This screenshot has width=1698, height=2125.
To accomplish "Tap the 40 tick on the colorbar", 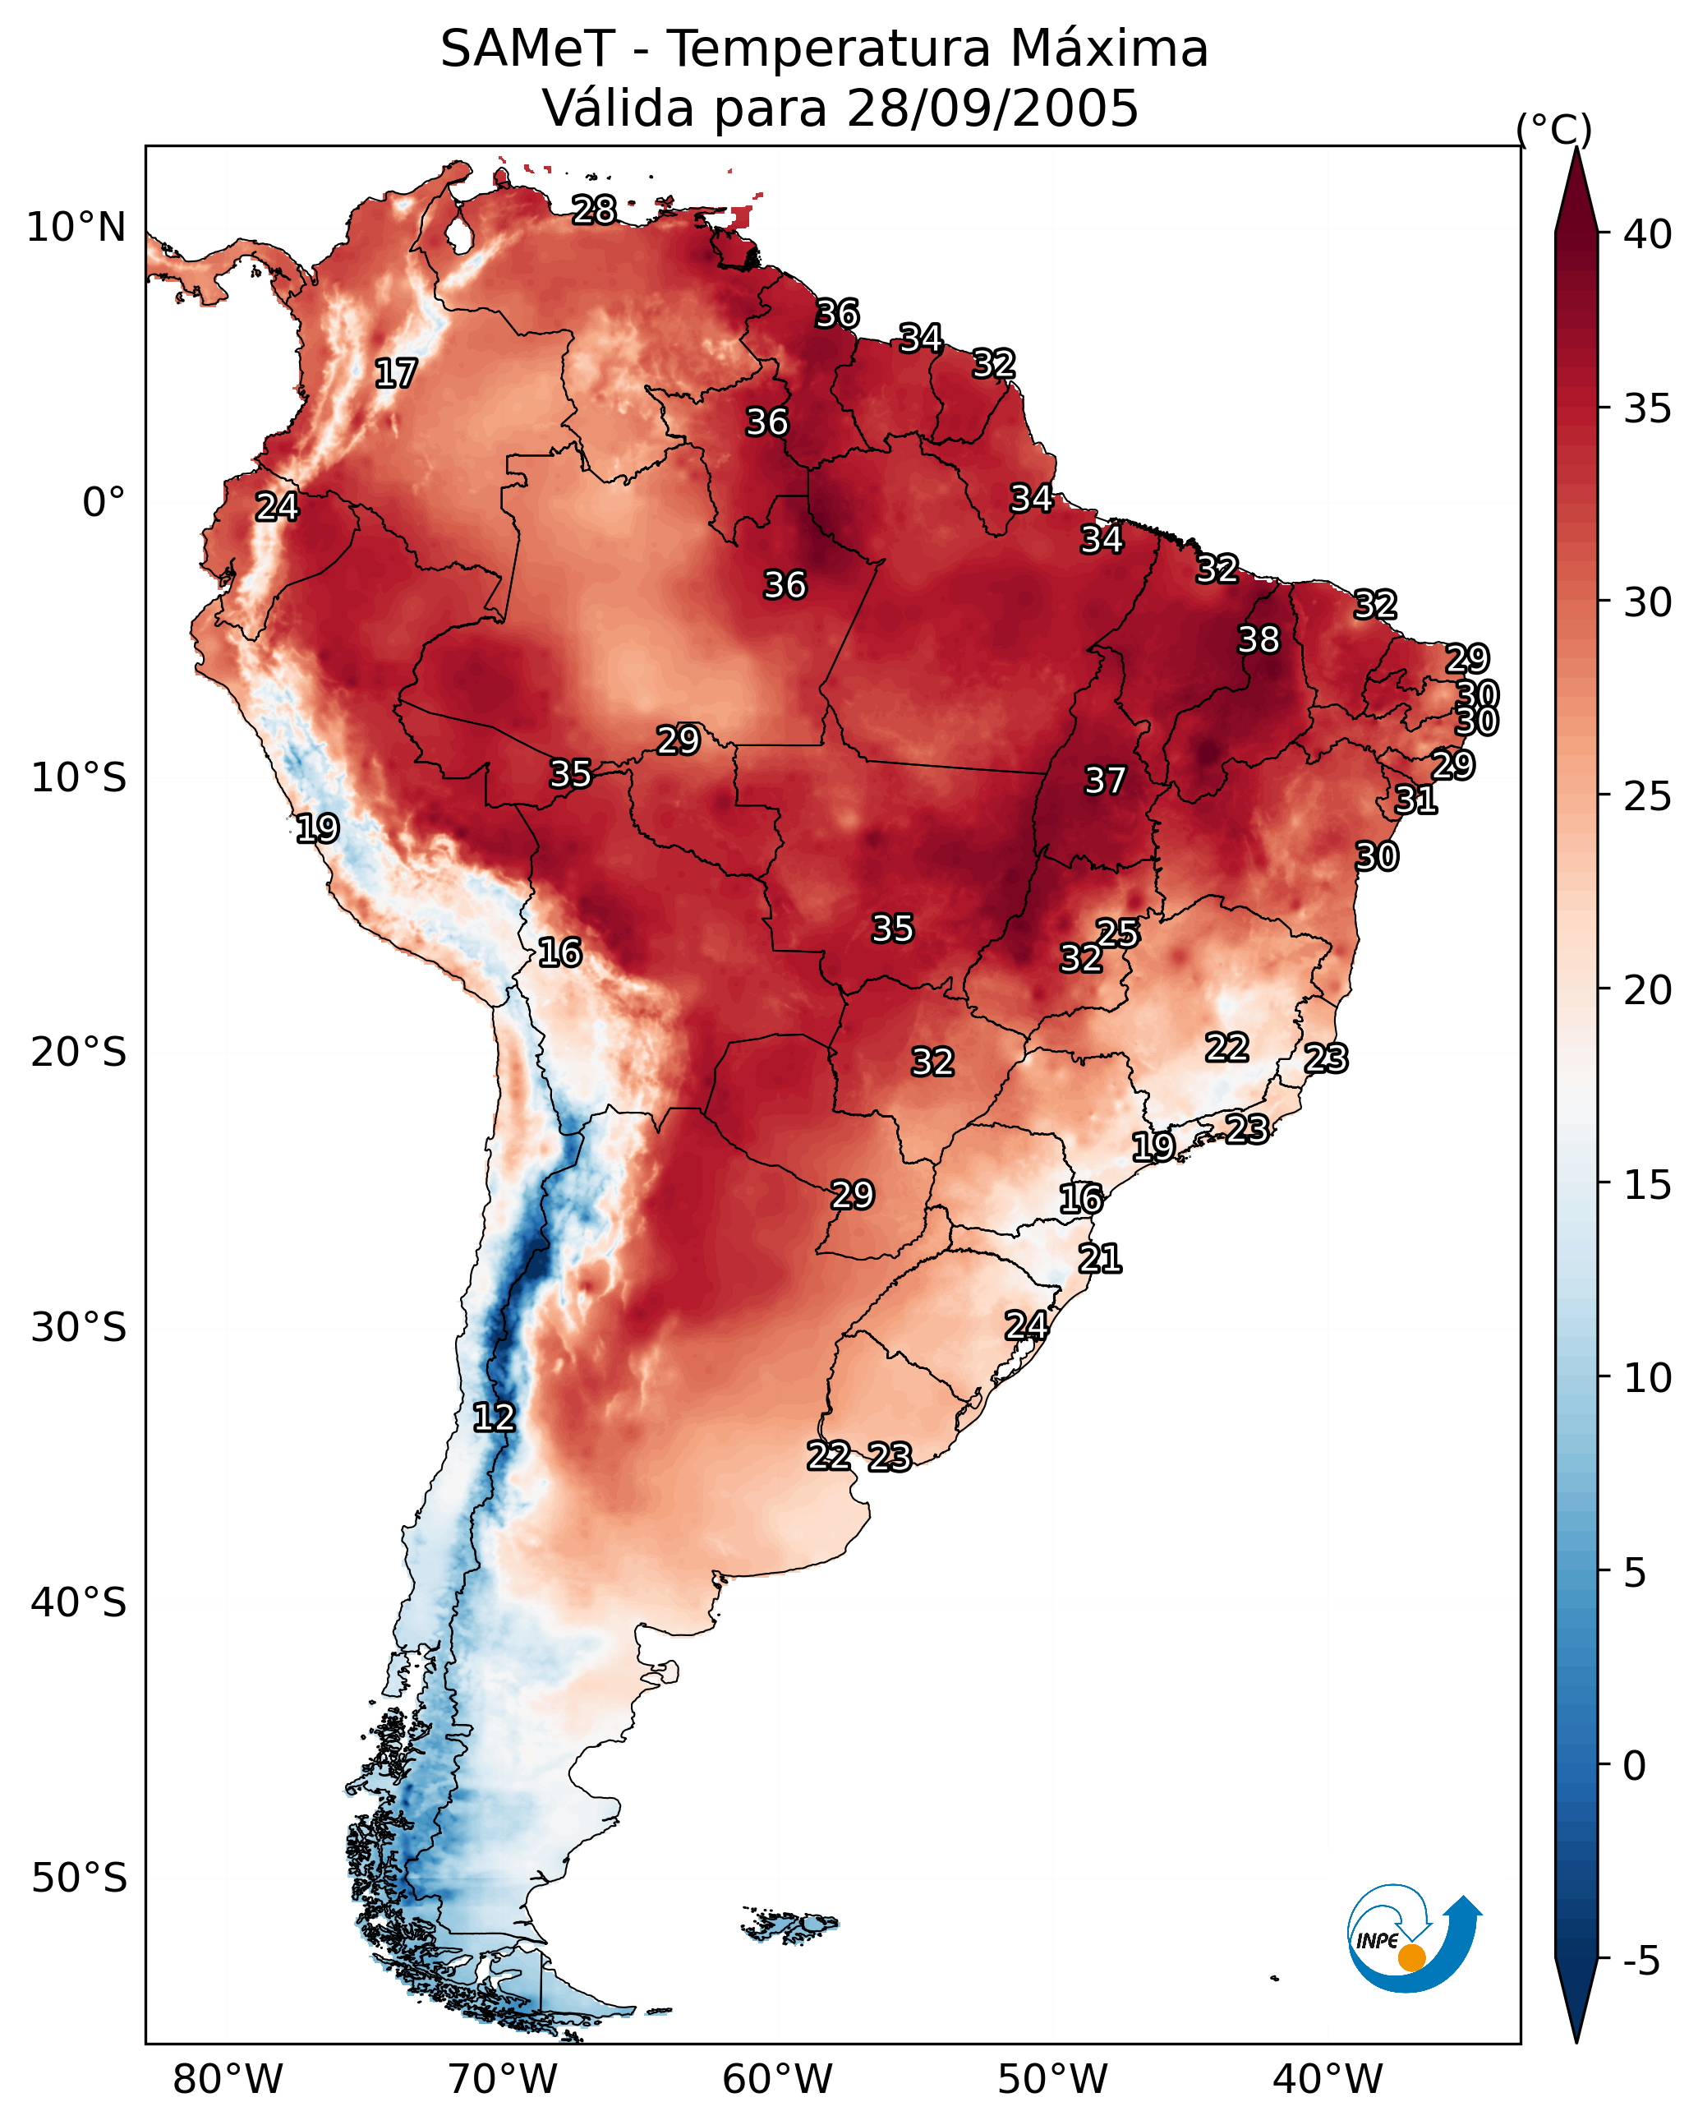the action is tap(1604, 234).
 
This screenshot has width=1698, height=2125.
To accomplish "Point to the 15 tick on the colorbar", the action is tap(1604, 1185).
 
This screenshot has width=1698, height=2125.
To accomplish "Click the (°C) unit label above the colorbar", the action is tap(1554, 129).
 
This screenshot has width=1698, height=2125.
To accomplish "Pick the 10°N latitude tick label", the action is tap(76, 228).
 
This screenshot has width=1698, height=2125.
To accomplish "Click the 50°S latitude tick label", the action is tap(79, 1878).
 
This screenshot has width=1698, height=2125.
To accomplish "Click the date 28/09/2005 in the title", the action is tap(992, 108).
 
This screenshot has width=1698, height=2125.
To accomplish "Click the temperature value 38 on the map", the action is tap(1259, 639).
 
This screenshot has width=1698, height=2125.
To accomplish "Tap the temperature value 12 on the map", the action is tap(494, 1417).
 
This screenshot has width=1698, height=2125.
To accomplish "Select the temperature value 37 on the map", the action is tap(1105, 781).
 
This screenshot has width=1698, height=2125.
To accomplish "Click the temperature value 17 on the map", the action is tap(396, 374).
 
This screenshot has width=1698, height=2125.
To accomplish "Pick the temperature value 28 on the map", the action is tap(594, 210).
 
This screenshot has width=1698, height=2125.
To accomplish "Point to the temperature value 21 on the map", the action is tap(1100, 1259).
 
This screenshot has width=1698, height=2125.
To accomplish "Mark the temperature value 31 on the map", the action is tap(1416, 800).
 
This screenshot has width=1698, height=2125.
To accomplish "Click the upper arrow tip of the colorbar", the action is tap(1576, 148).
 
